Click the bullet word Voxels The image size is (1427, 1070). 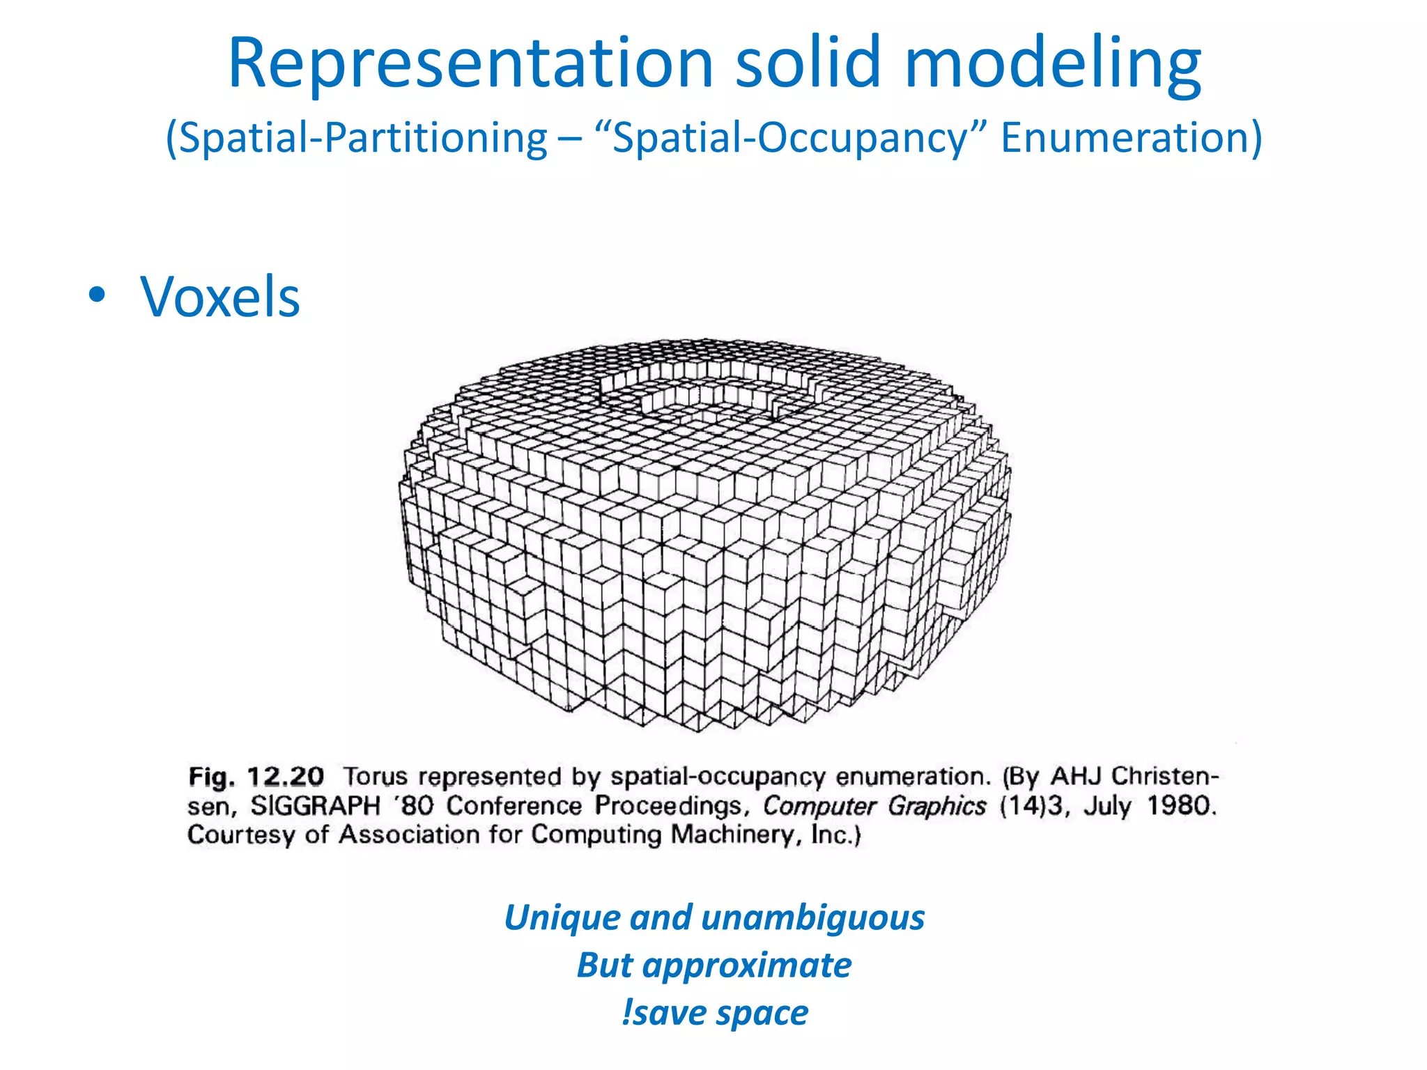(x=220, y=297)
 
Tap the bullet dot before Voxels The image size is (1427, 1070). (x=98, y=295)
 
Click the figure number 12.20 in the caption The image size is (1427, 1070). (x=286, y=776)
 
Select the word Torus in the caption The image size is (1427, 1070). (x=376, y=776)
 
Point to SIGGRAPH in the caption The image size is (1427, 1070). (x=315, y=806)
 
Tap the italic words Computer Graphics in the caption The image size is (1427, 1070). (x=874, y=806)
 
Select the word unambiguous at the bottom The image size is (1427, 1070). (x=813, y=917)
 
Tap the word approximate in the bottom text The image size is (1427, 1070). (x=747, y=966)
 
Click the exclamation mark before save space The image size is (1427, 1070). (x=626, y=1012)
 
